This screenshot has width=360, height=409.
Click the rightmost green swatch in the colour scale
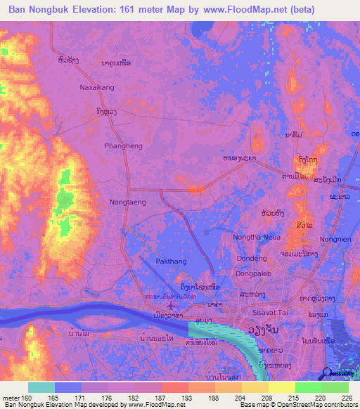335,387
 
